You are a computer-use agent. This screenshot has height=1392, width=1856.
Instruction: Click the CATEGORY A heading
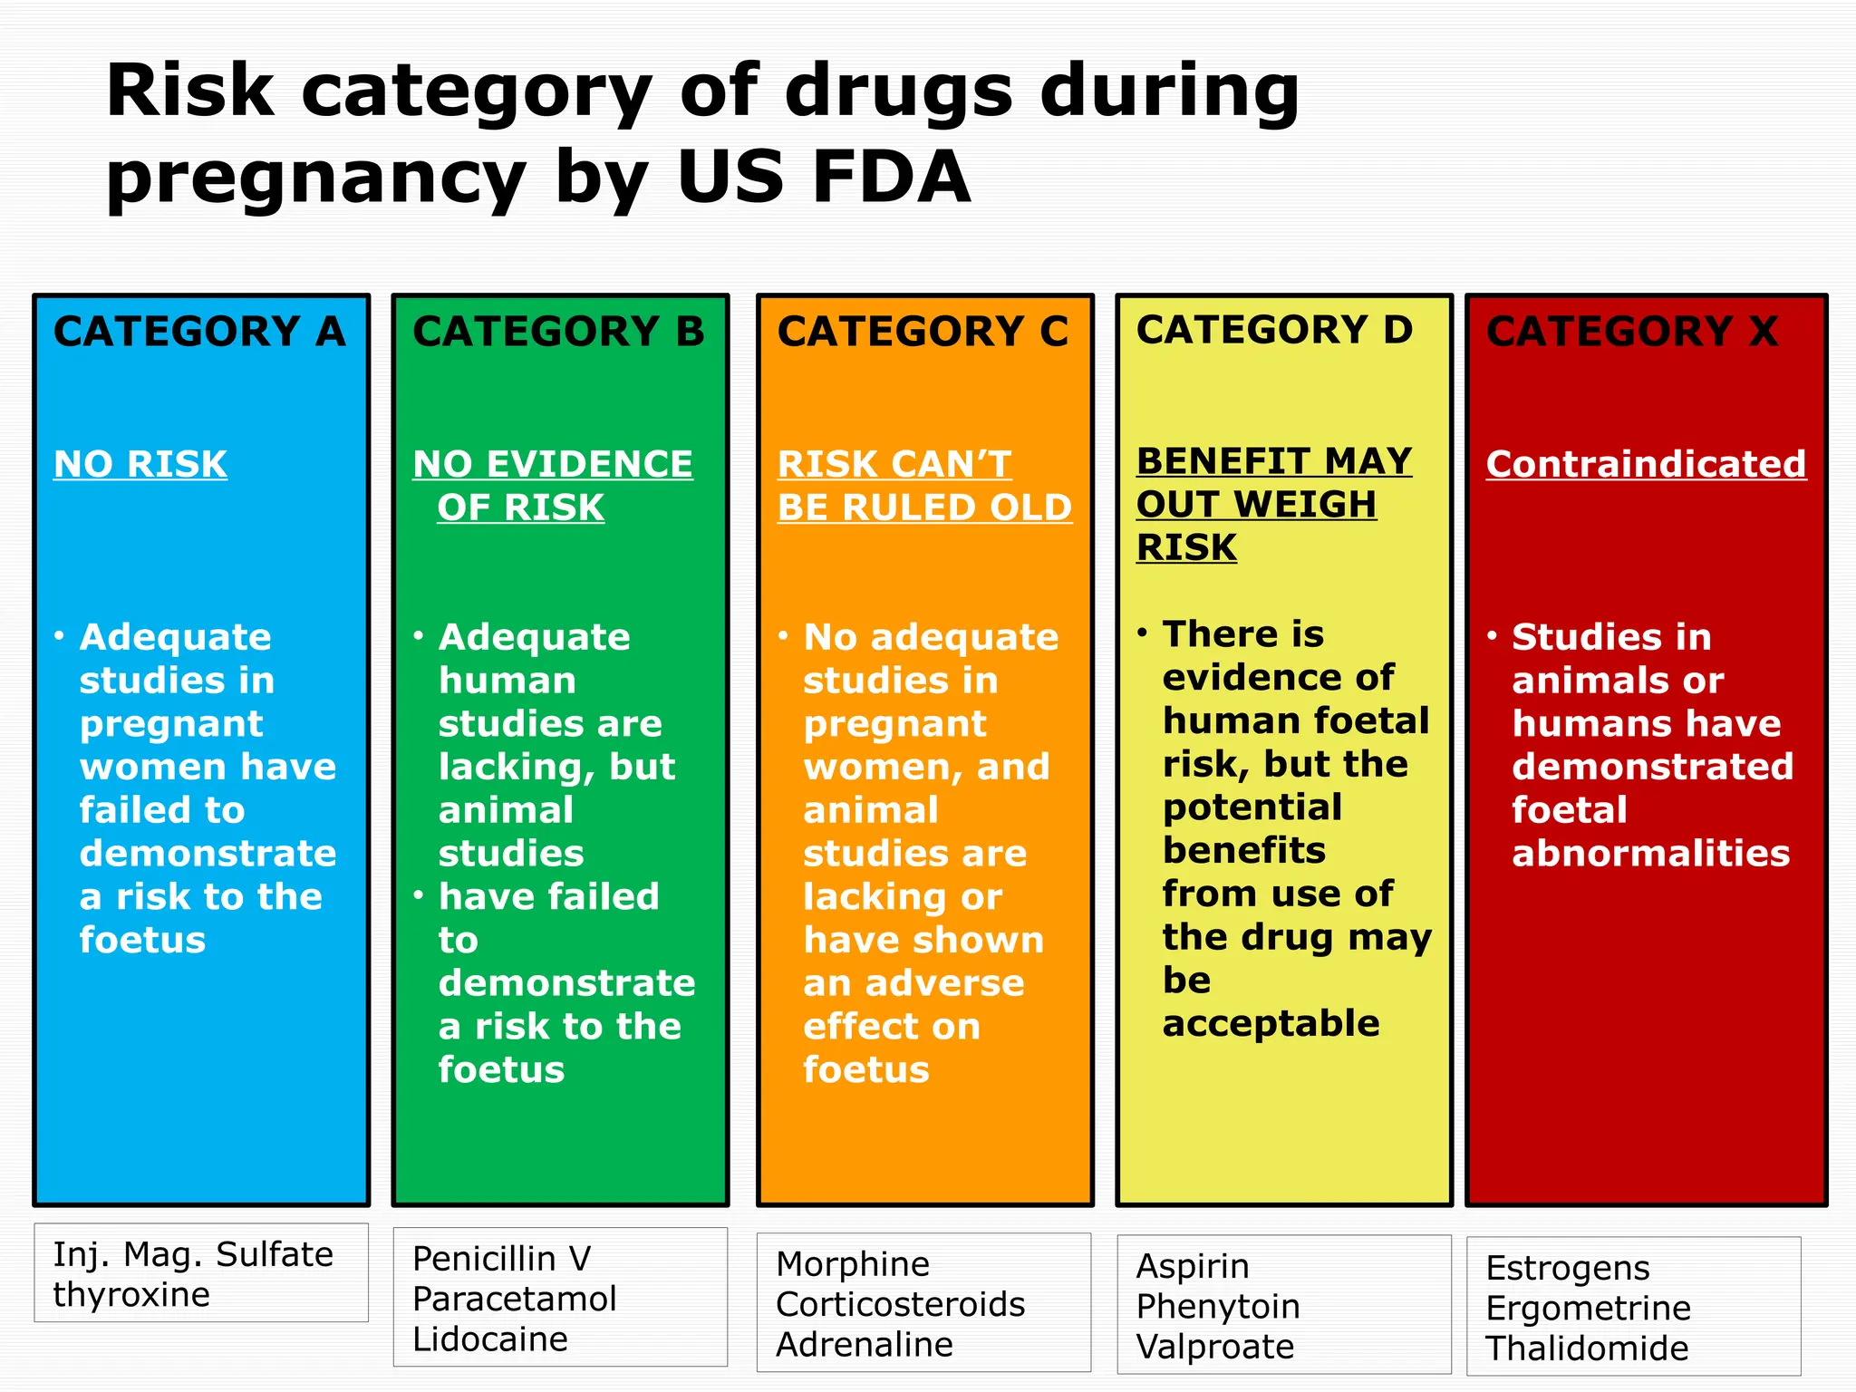click(x=199, y=332)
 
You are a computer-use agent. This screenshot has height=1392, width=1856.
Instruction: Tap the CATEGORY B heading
click(x=558, y=332)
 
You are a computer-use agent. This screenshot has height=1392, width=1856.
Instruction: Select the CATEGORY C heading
click(x=923, y=332)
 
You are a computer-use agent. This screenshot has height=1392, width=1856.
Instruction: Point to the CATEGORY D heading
click(x=1274, y=330)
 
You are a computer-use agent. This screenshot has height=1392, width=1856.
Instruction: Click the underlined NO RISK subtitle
click(x=140, y=464)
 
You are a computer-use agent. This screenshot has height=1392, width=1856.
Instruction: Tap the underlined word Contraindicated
click(x=1646, y=464)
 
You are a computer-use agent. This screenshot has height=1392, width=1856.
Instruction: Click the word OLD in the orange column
click(x=1030, y=507)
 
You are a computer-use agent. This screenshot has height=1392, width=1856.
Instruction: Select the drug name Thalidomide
click(x=1587, y=1348)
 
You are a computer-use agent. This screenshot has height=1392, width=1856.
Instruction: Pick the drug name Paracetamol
click(x=514, y=1299)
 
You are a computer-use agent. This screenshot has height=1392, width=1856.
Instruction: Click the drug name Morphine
click(x=853, y=1264)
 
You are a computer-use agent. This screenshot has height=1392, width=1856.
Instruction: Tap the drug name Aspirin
click(x=1193, y=1266)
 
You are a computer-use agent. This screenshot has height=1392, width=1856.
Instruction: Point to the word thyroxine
click(x=131, y=1295)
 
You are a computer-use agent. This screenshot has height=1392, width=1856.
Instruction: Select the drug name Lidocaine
click(x=490, y=1339)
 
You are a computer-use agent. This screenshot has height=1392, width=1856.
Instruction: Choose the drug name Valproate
click(x=1215, y=1347)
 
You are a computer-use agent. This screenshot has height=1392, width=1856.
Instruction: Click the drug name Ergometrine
click(x=1589, y=1308)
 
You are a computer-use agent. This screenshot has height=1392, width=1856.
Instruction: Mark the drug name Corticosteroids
click(x=901, y=1304)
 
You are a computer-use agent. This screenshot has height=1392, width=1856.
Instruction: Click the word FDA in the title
click(x=892, y=177)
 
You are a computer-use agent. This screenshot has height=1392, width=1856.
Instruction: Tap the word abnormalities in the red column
click(x=1651, y=853)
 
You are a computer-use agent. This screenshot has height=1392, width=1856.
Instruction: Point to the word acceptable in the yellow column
click(x=1271, y=1023)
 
